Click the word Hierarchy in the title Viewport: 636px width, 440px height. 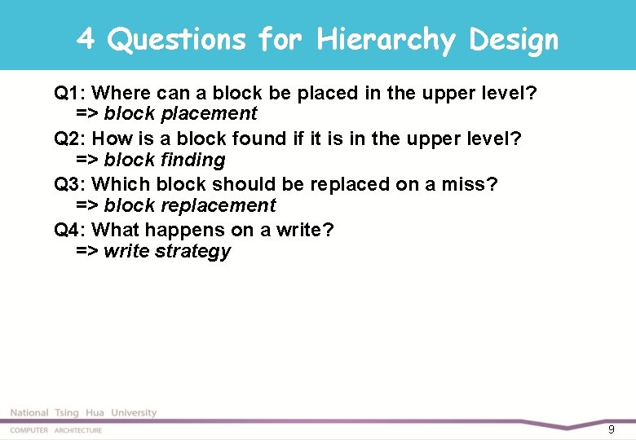(x=386, y=39)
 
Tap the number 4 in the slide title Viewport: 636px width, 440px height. (x=86, y=39)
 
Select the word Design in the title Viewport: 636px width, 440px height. (x=515, y=39)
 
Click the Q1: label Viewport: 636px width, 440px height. (x=70, y=93)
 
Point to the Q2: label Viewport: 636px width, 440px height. (x=70, y=139)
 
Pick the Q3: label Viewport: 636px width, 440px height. (x=70, y=184)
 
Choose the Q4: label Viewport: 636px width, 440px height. (x=70, y=230)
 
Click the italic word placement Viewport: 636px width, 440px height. (x=209, y=113)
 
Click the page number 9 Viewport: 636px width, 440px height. (x=612, y=429)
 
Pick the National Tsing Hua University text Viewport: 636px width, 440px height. (x=83, y=413)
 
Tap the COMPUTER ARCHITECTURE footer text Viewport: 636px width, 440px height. (x=55, y=430)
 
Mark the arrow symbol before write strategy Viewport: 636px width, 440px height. (x=86, y=251)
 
